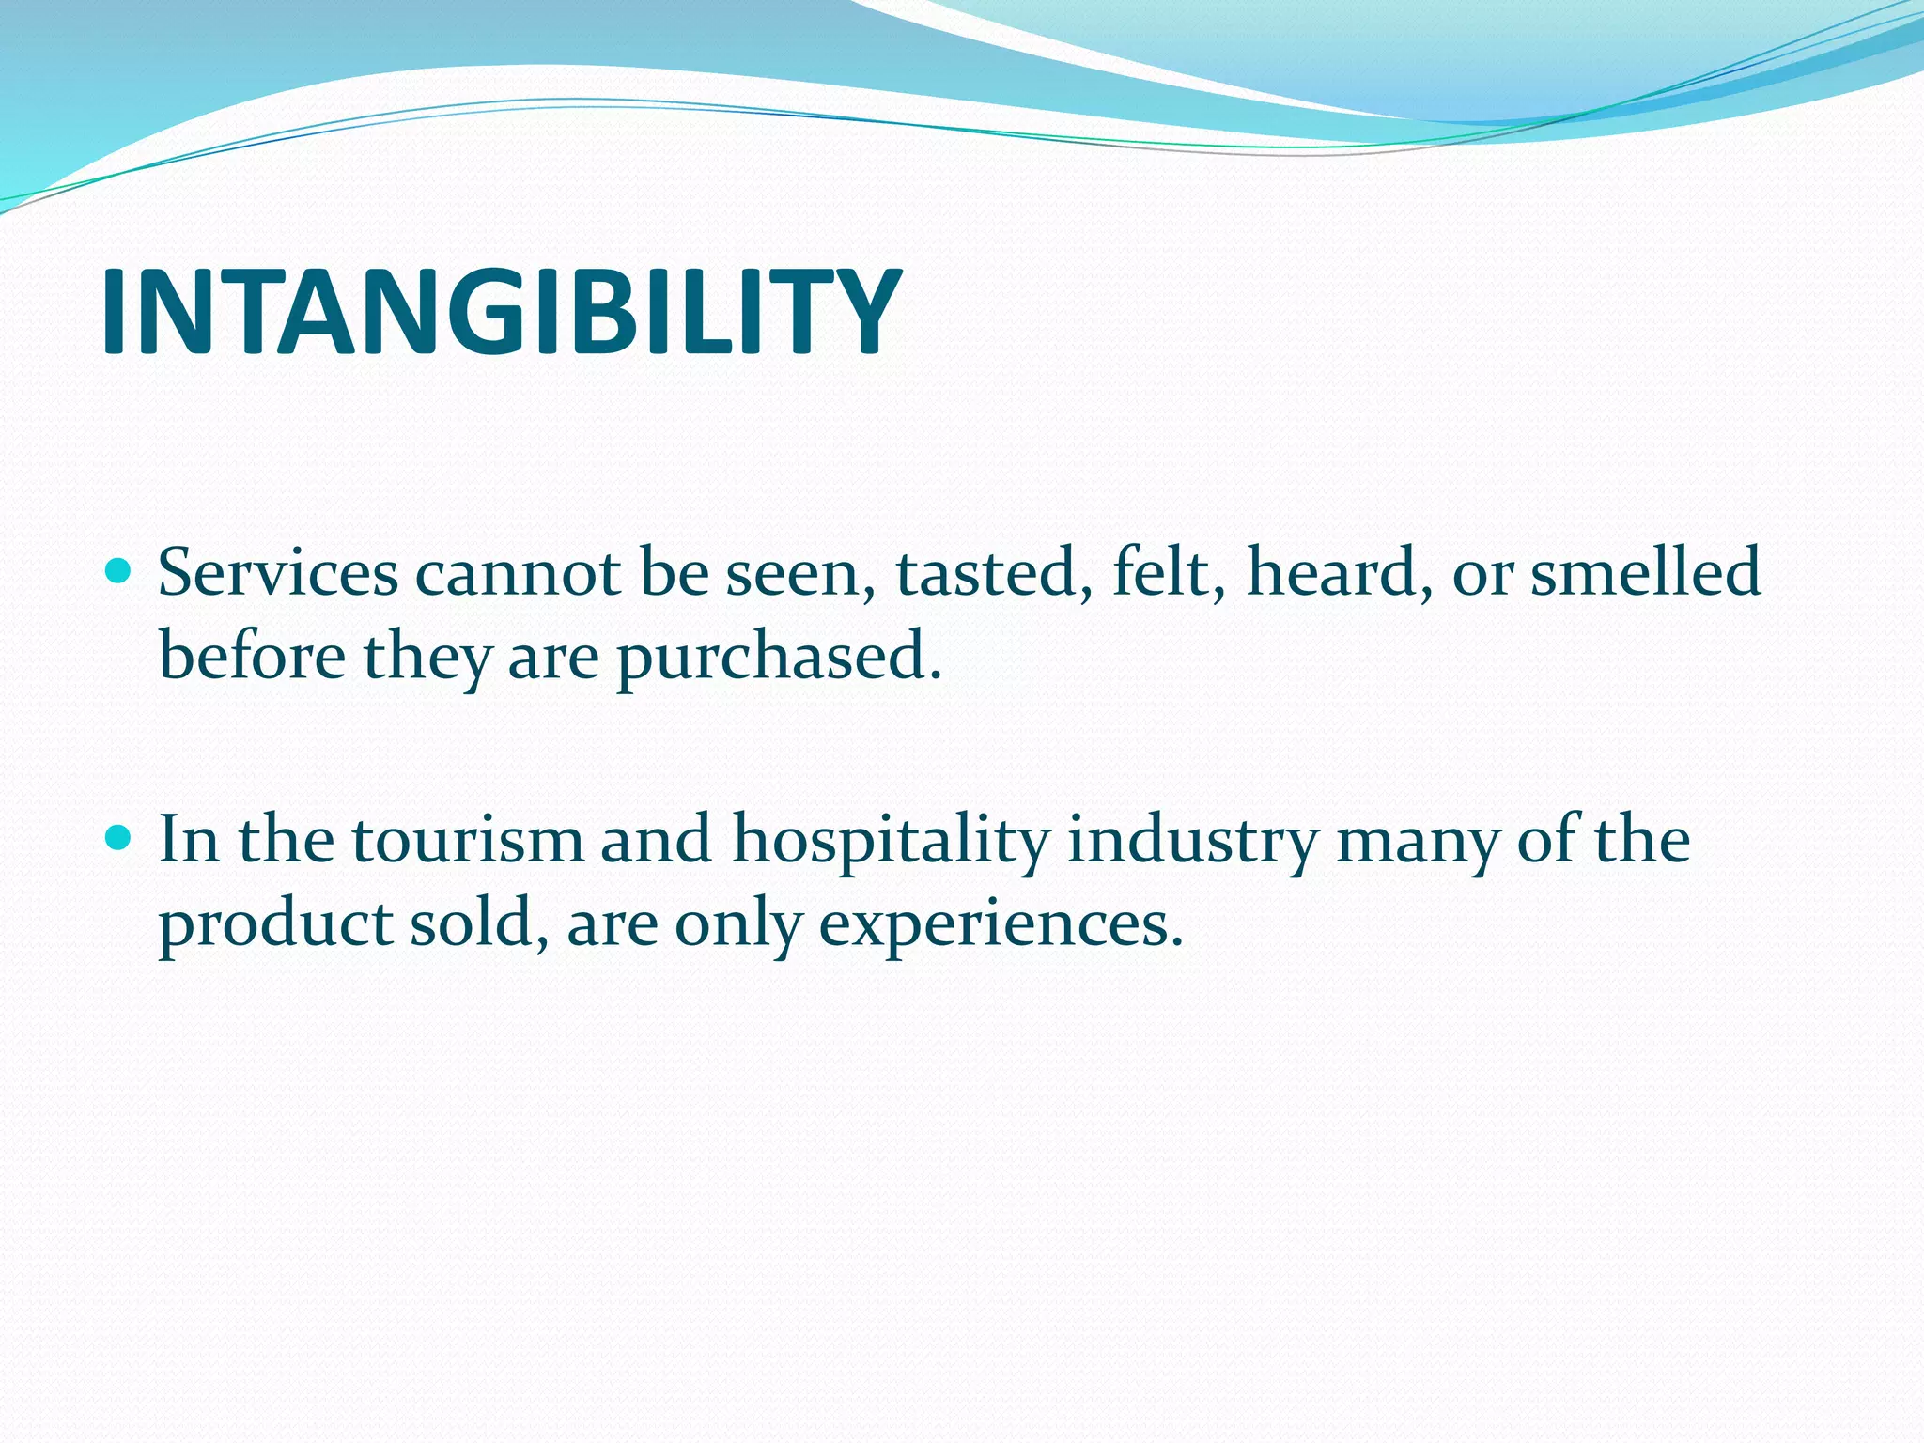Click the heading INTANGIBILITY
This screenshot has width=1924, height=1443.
500,311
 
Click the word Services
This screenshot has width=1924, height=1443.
278,572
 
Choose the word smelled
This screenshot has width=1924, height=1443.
1645,572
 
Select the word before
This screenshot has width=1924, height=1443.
252,655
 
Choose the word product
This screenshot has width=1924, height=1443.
274,924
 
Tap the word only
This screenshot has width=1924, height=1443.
737,924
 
